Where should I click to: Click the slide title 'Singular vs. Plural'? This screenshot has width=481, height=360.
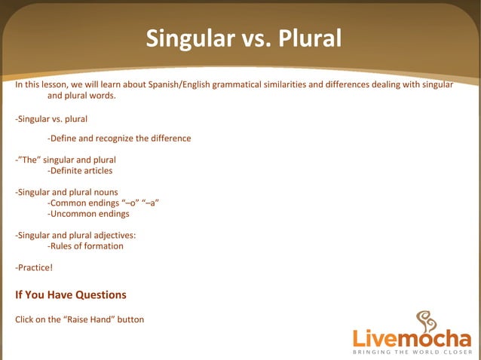pyautogui.click(x=244, y=38)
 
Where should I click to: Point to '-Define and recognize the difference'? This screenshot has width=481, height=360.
pyautogui.click(x=118, y=139)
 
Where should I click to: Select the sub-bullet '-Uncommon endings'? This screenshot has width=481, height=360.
pyautogui.click(x=87, y=214)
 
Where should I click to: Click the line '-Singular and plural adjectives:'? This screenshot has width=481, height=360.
pyautogui.click(x=75, y=235)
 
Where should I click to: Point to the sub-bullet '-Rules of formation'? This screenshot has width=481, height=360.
pyautogui.click(x=85, y=246)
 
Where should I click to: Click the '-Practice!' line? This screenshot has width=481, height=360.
pyautogui.click(x=34, y=267)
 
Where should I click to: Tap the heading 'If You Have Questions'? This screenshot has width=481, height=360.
pyautogui.click(x=71, y=294)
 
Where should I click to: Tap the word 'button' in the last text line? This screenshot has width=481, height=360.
pyautogui.click(x=129, y=319)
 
